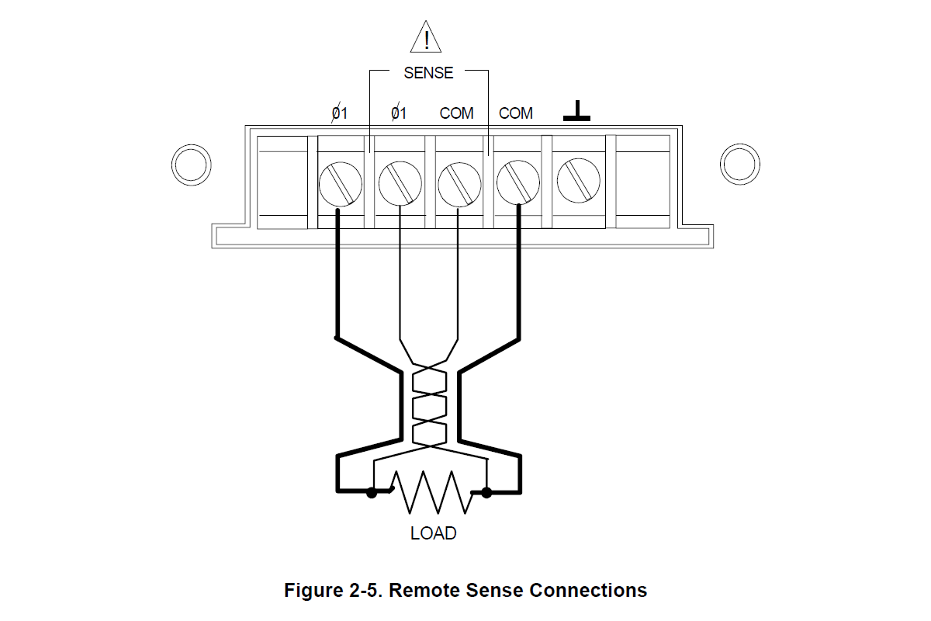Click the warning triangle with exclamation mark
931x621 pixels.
(x=425, y=38)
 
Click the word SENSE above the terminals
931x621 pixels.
(x=428, y=73)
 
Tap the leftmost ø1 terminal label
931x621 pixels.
(x=340, y=113)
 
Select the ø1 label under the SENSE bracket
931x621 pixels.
(x=398, y=113)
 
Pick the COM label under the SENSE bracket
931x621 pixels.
(x=456, y=113)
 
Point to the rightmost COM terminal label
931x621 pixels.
(x=515, y=113)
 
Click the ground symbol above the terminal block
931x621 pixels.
(x=576, y=112)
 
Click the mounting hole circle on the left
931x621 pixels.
(x=190, y=164)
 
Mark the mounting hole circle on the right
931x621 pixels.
(x=740, y=164)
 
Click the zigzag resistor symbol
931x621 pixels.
(x=431, y=492)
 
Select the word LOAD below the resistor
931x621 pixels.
(x=433, y=534)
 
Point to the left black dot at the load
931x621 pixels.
(x=372, y=492)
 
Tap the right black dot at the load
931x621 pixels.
(x=486, y=492)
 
